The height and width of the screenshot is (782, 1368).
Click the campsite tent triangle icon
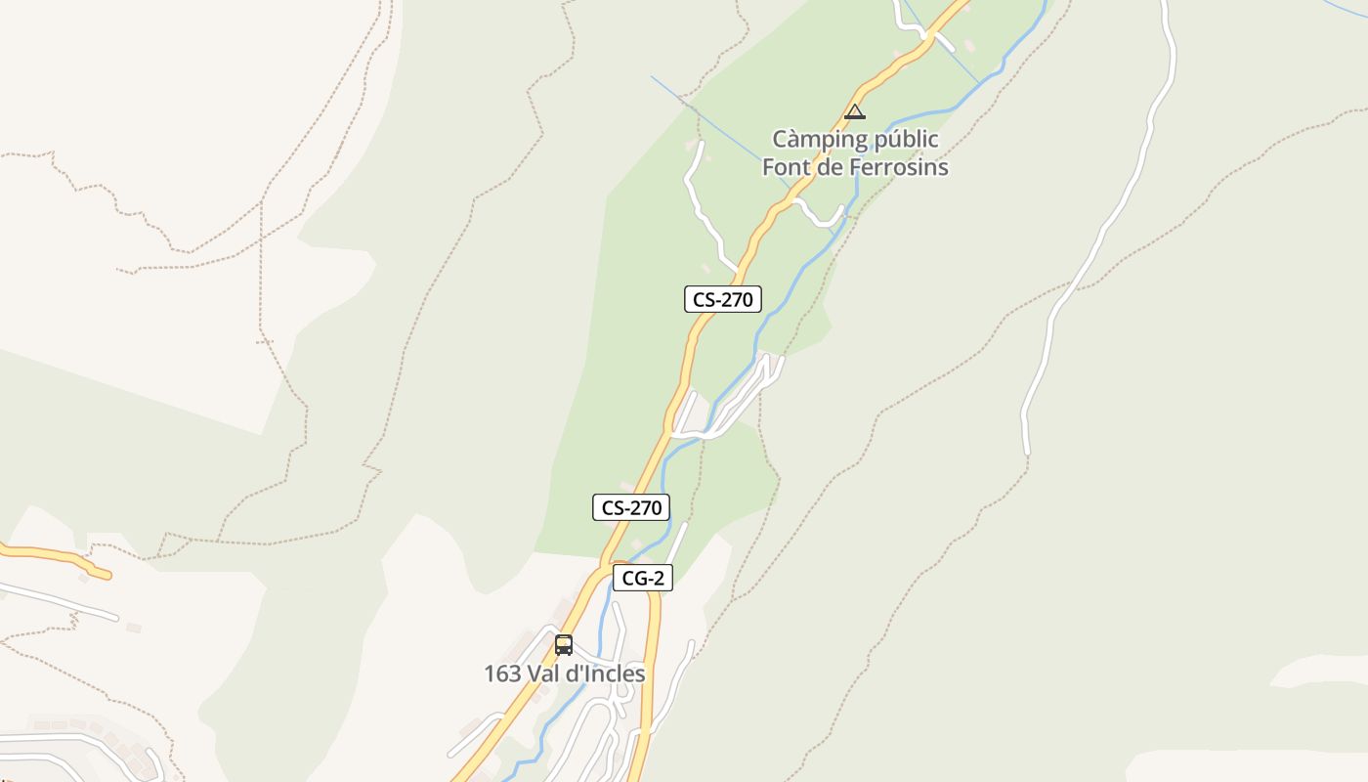coord(855,111)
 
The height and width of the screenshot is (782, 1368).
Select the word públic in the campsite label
coord(904,140)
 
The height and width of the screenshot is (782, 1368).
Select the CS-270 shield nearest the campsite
coord(722,299)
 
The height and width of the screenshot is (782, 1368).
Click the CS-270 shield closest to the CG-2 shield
coord(630,507)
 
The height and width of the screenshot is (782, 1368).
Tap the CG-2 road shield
coord(643,578)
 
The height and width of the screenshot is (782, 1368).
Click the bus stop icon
coord(564,645)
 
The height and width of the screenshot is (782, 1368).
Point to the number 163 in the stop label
coord(501,673)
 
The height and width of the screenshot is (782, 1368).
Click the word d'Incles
coord(608,673)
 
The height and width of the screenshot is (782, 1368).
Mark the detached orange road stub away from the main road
coord(59,557)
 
